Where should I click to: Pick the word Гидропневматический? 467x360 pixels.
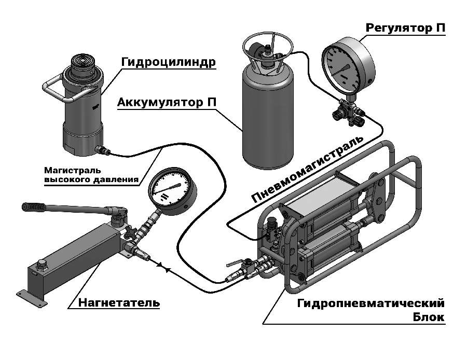tap(371, 302)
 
